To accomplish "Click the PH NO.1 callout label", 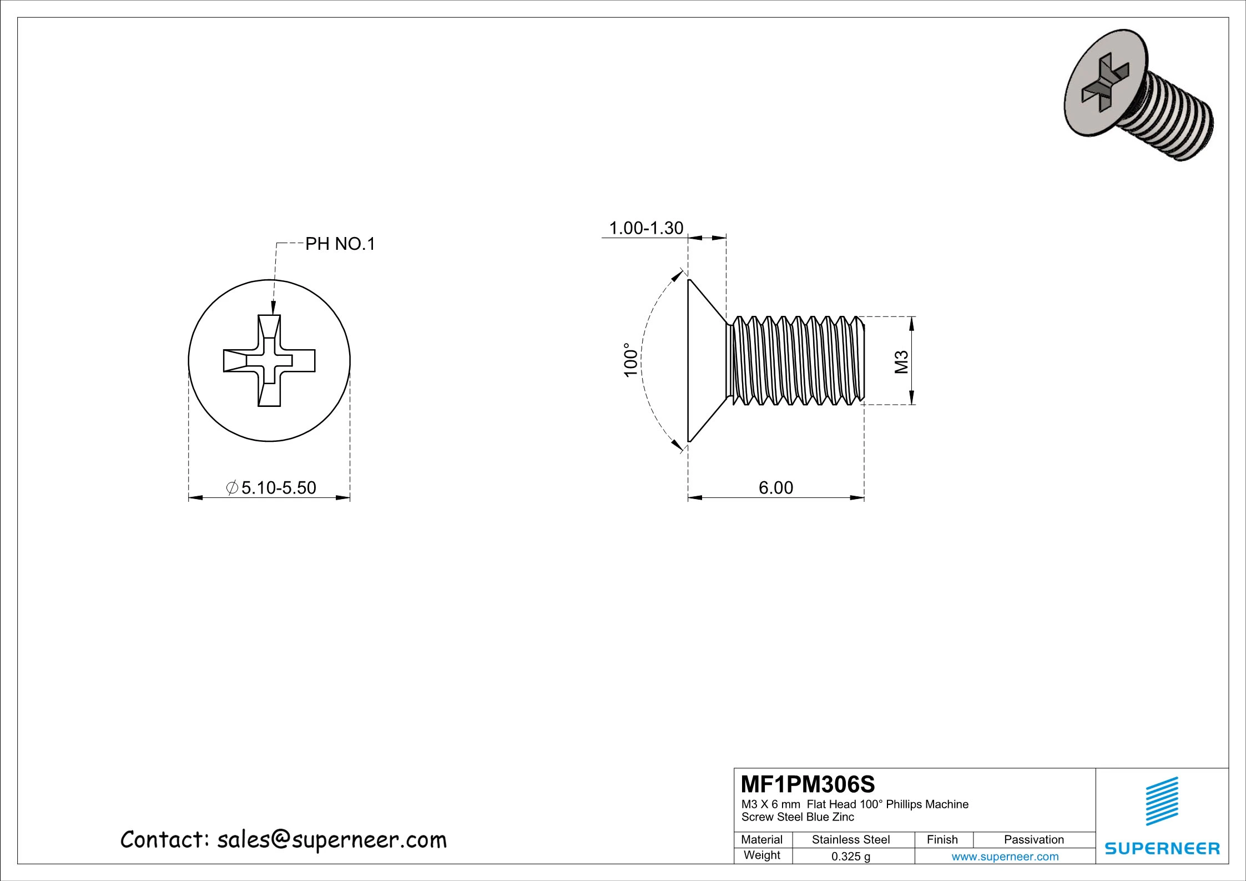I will [340, 244].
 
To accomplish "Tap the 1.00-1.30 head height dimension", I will [646, 228].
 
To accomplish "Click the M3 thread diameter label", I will [902, 361].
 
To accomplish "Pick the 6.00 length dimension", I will [776, 487].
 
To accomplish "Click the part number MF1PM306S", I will [808, 784].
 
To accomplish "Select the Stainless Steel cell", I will [850, 840].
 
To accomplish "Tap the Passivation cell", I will [1033, 840].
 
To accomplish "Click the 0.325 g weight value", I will [850, 857].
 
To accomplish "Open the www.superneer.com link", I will [1005, 857].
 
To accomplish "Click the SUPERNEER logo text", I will [1162, 848].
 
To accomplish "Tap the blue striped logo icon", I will [1162, 801].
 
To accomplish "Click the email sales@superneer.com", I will [331, 840].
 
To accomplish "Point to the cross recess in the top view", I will [269, 361].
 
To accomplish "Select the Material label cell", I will [761, 840].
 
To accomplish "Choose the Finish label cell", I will [942, 840].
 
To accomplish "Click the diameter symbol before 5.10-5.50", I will [233, 487].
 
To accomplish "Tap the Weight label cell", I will [761, 855].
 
